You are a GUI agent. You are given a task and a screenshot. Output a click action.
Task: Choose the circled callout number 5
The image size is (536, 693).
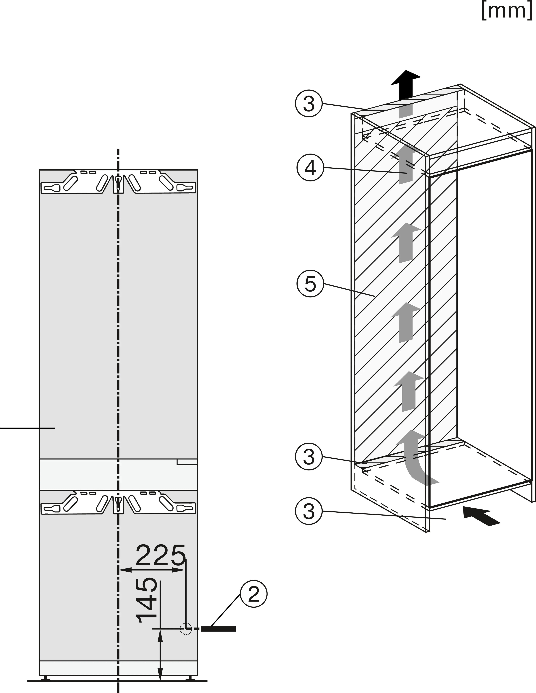(x=310, y=283)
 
